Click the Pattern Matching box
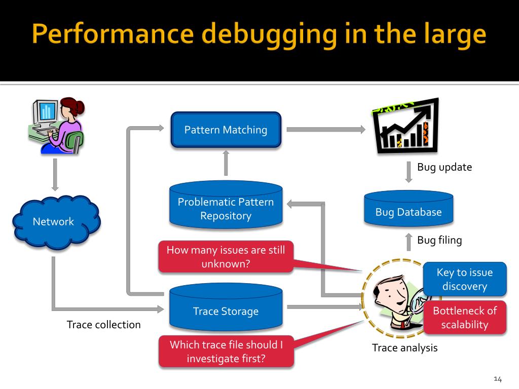(x=226, y=130)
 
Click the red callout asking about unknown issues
(x=226, y=257)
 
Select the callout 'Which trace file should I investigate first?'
(x=226, y=352)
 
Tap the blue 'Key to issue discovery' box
(x=464, y=279)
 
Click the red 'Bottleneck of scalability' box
(x=464, y=318)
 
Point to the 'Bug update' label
(x=444, y=167)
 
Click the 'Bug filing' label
(x=439, y=240)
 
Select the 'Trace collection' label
(x=103, y=325)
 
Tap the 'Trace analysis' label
(x=404, y=348)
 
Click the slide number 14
(x=497, y=379)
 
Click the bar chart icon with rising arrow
(x=405, y=127)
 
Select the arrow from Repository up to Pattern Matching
(x=226, y=163)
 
